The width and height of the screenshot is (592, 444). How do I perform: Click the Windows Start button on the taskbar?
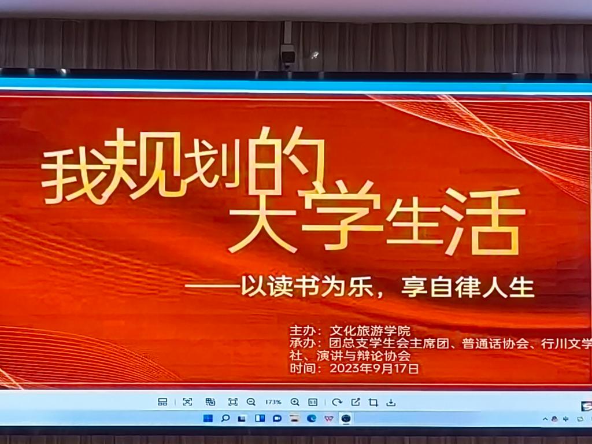coord(208,419)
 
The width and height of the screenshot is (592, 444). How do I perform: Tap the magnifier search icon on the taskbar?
coord(225,419)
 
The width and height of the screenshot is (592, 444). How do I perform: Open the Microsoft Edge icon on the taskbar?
coord(312,419)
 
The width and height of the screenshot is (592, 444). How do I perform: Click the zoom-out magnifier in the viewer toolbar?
coord(251,402)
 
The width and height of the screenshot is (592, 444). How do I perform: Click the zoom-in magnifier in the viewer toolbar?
coord(295,402)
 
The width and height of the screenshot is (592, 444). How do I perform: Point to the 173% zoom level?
coord(273,402)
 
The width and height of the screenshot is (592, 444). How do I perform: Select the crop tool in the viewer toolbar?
coord(373,402)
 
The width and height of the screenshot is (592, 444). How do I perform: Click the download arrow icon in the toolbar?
coord(391,403)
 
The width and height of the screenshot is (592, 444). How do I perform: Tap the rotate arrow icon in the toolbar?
coord(337,402)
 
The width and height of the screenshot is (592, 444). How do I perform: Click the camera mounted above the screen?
coord(288,56)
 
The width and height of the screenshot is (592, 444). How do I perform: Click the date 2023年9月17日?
coord(374,368)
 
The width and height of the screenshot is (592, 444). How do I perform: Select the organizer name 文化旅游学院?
coord(370,331)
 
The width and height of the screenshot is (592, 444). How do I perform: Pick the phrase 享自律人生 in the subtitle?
coord(468,287)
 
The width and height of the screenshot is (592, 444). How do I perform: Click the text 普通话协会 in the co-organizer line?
coord(495,343)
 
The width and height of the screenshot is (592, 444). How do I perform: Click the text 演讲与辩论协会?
coord(363,356)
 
